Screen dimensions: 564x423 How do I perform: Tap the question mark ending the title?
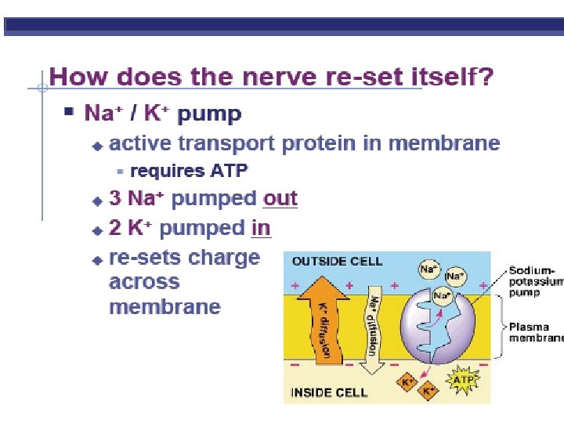tap(486, 75)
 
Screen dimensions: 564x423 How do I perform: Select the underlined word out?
tap(280, 198)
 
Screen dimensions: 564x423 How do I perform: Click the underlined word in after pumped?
tap(261, 228)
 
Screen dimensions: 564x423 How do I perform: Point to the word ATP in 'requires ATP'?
tap(229, 171)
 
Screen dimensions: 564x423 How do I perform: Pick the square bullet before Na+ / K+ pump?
tap(69, 110)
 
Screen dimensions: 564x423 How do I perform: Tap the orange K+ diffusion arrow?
tap(322, 320)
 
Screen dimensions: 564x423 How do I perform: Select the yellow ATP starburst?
tap(463, 380)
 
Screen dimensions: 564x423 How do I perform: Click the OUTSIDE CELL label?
tap(337, 261)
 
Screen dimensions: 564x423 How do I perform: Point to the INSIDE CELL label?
tap(329, 392)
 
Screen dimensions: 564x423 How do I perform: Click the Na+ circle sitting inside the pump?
tap(442, 296)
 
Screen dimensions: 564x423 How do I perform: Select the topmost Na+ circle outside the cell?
tap(429, 269)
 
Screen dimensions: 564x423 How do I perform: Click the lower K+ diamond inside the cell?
tap(428, 391)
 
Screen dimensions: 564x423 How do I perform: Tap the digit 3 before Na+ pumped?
tap(115, 198)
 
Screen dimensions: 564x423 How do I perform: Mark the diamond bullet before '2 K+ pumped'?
tap(97, 230)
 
